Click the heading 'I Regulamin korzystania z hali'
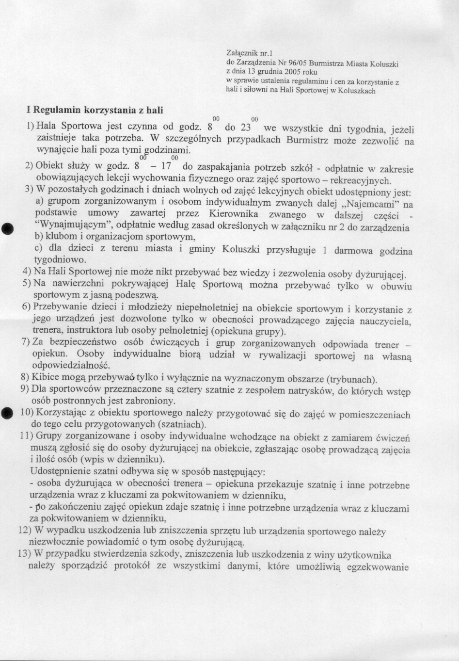(x=95, y=110)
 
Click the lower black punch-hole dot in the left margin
(x=6, y=413)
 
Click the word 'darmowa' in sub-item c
(x=354, y=251)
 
